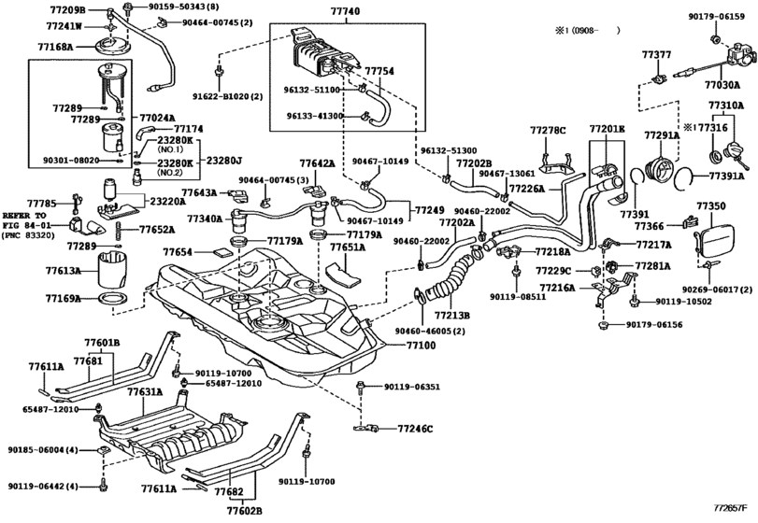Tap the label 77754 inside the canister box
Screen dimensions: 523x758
click(x=379, y=70)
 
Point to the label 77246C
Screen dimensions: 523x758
click(x=416, y=429)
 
